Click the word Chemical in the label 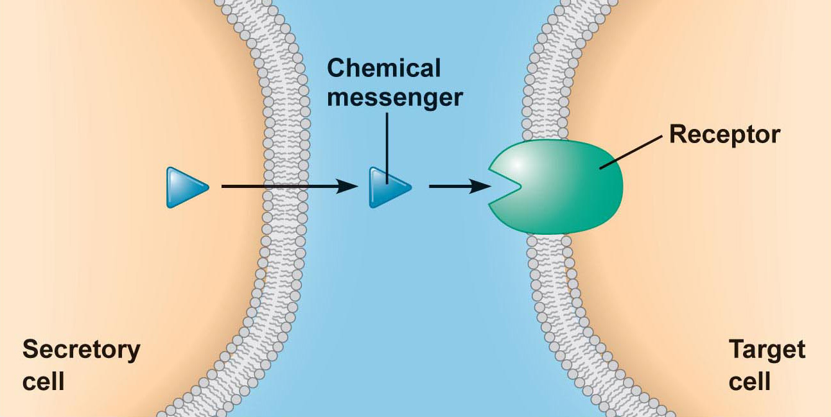coord(384,68)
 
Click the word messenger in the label coord(394,98)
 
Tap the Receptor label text coord(724,135)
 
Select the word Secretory coord(81,350)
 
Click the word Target coord(767,350)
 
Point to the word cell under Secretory coord(44,382)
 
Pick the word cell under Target coord(749,382)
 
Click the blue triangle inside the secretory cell coord(185,187)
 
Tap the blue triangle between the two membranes coord(387,187)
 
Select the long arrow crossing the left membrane coord(283,187)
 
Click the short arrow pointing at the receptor coord(453,187)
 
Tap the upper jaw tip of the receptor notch coord(489,170)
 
